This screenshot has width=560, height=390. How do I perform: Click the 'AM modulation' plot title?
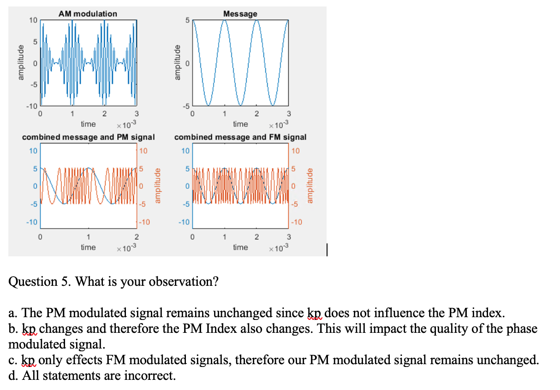[x=88, y=14]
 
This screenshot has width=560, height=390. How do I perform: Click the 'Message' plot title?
[x=240, y=14]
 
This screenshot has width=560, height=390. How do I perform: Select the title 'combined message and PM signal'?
[x=88, y=137]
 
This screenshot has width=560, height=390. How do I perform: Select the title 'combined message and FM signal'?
[x=240, y=137]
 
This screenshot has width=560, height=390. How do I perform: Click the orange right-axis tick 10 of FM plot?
[x=295, y=151]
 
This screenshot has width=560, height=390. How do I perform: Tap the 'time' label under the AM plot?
[x=88, y=124]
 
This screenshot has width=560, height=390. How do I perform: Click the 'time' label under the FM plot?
[x=240, y=248]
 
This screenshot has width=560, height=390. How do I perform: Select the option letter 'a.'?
[x=13, y=313]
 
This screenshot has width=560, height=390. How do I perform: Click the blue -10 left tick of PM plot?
[x=32, y=222]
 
